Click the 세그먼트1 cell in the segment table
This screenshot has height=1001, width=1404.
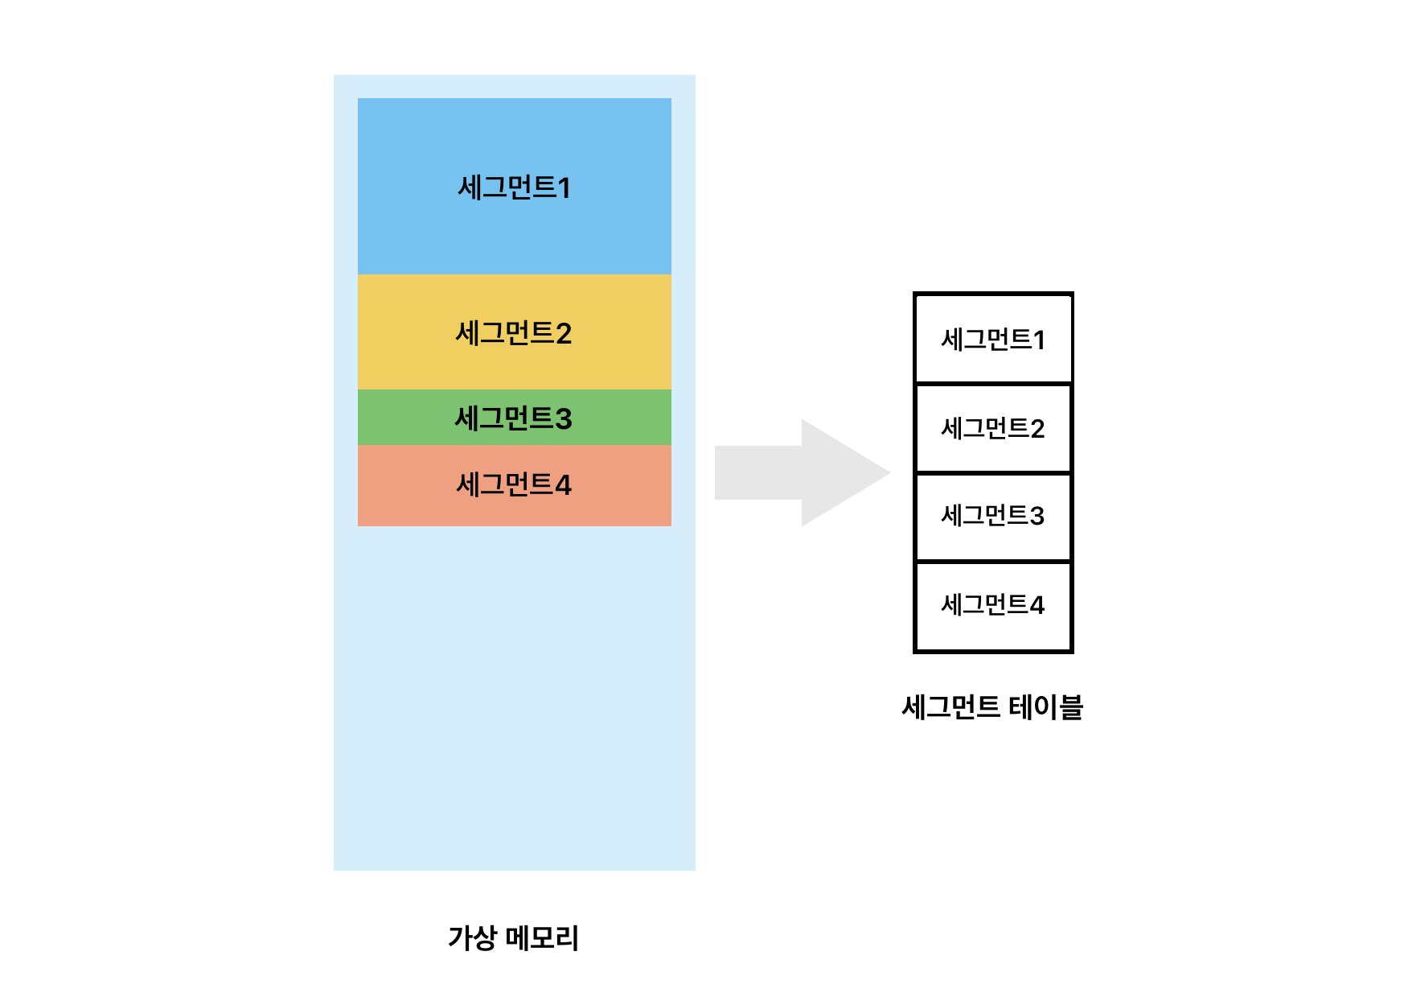click(993, 339)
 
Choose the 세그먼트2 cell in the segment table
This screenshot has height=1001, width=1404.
click(993, 428)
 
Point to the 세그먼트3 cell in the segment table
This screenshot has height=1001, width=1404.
click(993, 516)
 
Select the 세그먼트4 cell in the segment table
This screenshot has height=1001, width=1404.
click(993, 605)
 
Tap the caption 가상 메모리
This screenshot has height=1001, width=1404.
click(513, 937)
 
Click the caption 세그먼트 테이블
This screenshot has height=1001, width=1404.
click(992, 707)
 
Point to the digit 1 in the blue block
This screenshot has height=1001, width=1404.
click(564, 188)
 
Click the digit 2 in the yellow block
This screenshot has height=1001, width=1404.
click(564, 334)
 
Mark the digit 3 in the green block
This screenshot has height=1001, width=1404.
click(564, 419)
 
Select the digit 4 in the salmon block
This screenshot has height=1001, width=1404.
click(563, 485)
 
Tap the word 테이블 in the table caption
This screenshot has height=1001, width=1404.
click(1045, 707)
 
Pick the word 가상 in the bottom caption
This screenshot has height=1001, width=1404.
click(472, 937)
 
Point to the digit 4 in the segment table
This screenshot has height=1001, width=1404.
click(1037, 605)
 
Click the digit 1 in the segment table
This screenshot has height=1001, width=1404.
click(1039, 340)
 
